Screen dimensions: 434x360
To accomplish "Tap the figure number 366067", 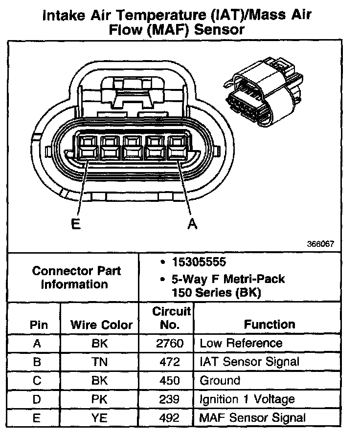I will click(x=321, y=244).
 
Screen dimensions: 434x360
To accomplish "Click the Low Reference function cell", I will click(x=241, y=343).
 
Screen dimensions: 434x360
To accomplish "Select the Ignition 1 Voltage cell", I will click(x=247, y=399).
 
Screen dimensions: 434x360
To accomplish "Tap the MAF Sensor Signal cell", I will click(x=252, y=417).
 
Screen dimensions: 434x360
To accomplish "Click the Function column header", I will click(x=270, y=325).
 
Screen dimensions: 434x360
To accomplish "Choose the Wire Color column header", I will click(x=101, y=325).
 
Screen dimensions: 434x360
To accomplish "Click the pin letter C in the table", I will click(x=37, y=380).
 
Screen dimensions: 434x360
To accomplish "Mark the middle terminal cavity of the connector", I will click(x=133, y=147).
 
